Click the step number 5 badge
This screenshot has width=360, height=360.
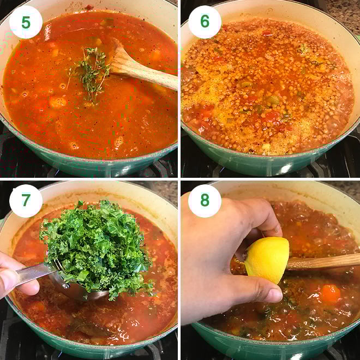point(26,22)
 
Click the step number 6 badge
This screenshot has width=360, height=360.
point(205,22)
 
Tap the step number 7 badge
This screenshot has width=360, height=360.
point(26,201)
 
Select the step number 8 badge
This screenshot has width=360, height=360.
point(205,201)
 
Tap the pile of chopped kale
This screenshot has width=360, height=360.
point(95,245)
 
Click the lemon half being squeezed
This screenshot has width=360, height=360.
point(267,259)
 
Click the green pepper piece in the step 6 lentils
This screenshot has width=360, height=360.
point(273,100)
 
